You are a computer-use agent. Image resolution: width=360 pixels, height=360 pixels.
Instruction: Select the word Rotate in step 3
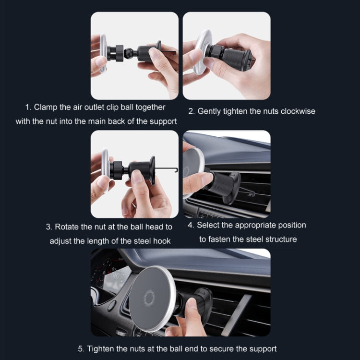pyautogui.click(x=67, y=227)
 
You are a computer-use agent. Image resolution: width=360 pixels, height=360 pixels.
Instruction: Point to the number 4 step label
pyautogui.click(x=191, y=225)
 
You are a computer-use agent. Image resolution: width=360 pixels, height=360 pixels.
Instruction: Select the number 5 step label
pyautogui.click(x=80, y=349)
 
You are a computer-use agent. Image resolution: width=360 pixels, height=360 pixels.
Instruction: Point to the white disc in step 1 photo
pyautogui.click(x=102, y=53)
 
